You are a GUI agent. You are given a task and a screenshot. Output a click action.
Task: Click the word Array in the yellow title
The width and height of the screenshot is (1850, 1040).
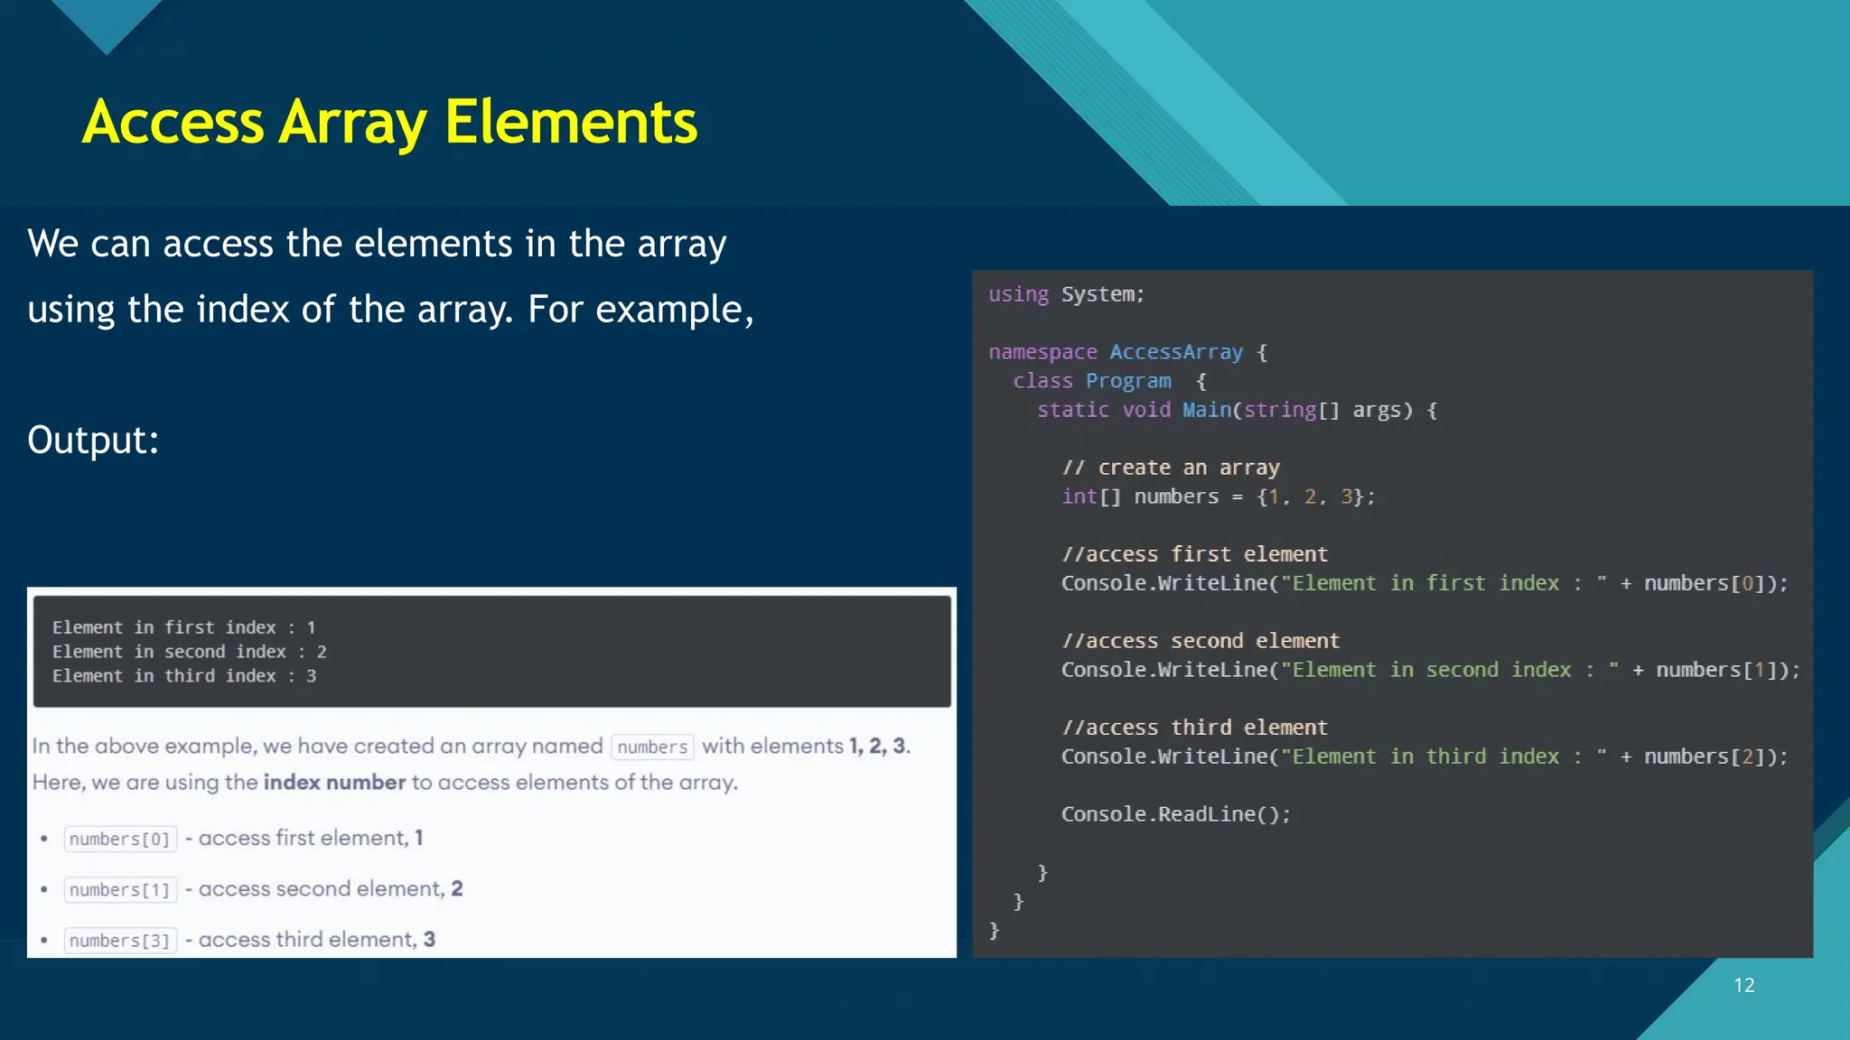click(352, 123)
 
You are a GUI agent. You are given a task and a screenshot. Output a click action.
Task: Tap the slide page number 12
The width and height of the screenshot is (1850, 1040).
click(1743, 985)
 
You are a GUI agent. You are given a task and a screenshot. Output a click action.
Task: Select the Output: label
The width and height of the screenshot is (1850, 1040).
click(93, 441)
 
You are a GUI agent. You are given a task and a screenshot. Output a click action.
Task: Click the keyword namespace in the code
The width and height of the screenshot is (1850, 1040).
click(1042, 352)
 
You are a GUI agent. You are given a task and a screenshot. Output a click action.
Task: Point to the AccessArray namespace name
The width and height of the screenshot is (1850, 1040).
click(1176, 352)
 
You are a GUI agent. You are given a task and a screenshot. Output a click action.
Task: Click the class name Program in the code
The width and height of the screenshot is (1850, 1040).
click(1128, 381)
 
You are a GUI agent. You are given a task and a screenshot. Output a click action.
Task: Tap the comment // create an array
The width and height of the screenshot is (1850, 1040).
click(1171, 468)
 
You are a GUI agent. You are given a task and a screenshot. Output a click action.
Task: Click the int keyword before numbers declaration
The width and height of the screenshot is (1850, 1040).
click(1079, 497)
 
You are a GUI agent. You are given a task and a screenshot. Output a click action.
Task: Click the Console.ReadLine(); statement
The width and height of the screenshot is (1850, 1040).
click(1176, 814)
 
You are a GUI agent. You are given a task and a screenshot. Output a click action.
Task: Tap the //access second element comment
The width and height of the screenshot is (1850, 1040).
click(1201, 641)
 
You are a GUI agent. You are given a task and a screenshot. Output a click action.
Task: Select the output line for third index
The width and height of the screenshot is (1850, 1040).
click(184, 676)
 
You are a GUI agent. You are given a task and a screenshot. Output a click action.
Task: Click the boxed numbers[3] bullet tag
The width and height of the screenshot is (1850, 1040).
click(120, 941)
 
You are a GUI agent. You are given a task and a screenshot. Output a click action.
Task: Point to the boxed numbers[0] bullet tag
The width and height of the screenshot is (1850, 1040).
click(120, 839)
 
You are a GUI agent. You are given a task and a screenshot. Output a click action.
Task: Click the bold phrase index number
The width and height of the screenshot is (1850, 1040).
click(334, 782)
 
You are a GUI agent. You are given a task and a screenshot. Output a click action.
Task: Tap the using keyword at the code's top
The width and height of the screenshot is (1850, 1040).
click(1018, 294)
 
